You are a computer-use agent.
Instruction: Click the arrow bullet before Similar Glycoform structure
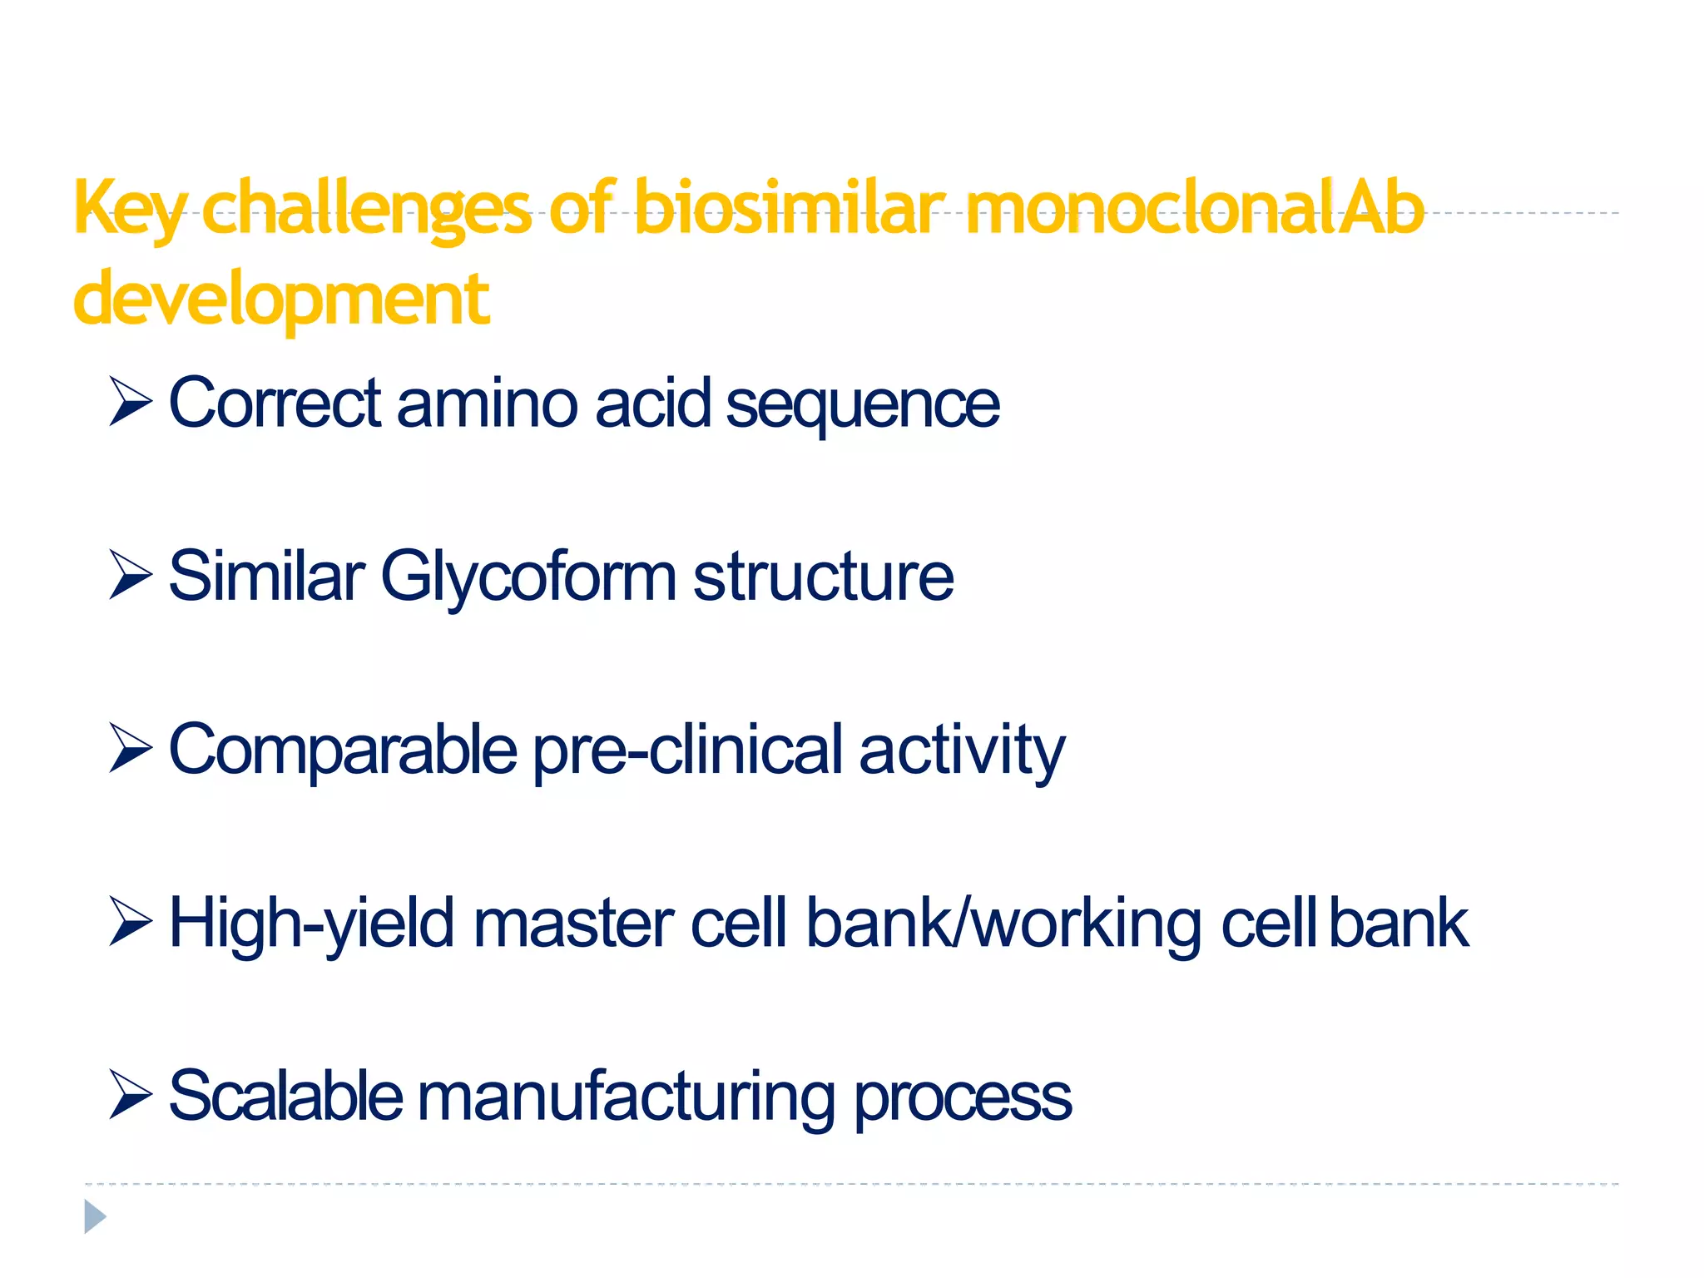pos(131,575)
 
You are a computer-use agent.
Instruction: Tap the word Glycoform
pos(528,577)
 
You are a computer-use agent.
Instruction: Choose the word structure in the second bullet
pos(823,577)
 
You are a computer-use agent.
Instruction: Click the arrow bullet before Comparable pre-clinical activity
pos(131,748)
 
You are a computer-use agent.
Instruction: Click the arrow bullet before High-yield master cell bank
pos(131,922)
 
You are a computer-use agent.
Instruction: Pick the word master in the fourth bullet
pos(573,924)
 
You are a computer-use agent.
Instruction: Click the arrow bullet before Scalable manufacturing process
pos(131,1096)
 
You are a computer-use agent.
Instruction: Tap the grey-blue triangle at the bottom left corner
pos(94,1217)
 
